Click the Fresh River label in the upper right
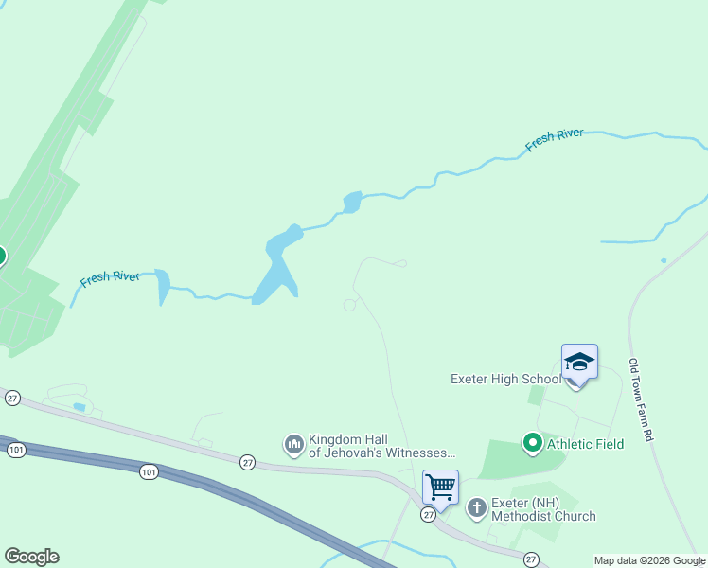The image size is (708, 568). coord(555,138)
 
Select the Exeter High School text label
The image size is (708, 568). coord(505,380)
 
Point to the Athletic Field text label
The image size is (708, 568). coord(586,443)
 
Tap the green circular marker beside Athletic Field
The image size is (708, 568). coord(532,442)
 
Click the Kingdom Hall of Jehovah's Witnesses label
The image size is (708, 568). coord(381,445)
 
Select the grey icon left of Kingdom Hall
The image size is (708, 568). coord(293,443)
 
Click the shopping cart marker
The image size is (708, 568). coord(440,488)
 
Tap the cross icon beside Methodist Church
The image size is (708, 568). coord(476,509)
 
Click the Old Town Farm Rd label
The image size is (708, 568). coord(641,400)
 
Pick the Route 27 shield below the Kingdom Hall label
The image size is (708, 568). coord(247,461)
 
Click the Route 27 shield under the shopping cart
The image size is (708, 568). coord(428,514)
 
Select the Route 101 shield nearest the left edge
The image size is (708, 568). coord(15,451)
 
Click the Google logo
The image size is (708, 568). coord(31,557)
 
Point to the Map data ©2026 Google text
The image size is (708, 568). coord(649,560)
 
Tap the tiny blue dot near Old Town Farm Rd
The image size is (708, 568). coord(664,260)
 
